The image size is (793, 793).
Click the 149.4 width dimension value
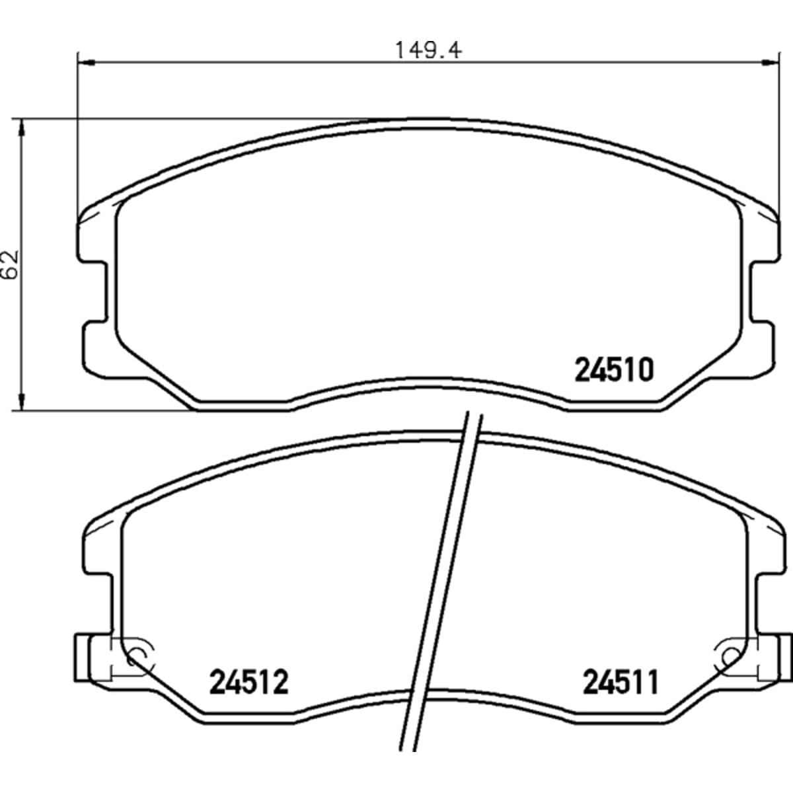(x=428, y=50)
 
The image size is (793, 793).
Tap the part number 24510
(x=614, y=370)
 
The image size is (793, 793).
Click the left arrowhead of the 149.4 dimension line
(x=86, y=63)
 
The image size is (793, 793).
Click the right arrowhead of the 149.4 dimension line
(x=771, y=63)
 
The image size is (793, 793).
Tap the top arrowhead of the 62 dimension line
(x=22, y=128)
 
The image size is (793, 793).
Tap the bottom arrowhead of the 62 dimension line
(x=22, y=402)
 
